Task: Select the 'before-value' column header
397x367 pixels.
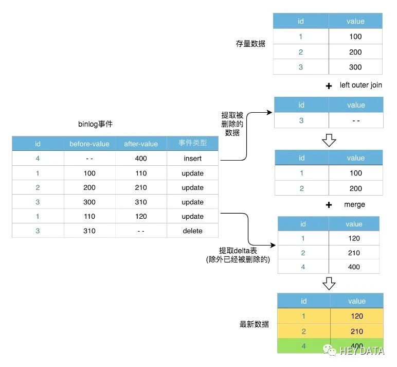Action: [89, 144]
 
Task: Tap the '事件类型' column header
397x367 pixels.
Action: [192, 143]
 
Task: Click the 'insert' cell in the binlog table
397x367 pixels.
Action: [192, 159]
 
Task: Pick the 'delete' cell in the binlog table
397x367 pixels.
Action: [192, 231]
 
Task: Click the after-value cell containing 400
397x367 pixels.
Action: [141, 159]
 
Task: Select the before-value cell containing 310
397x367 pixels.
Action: [89, 231]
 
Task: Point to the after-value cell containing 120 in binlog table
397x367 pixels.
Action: [141, 216]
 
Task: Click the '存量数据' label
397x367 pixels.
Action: [250, 44]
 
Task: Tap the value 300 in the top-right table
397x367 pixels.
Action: [355, 67]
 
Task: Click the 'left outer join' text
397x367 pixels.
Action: [360, 85]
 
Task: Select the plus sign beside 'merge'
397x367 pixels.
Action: [329, 205]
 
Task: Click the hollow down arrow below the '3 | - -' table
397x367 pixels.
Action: [329, 139]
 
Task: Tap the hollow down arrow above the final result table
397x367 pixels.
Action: [329, 283]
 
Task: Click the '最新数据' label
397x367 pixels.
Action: [254, 324]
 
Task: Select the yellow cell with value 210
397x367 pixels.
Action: [357, 331]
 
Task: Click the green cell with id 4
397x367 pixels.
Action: [303, 346]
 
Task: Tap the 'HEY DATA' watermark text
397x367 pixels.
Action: [362, 351]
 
